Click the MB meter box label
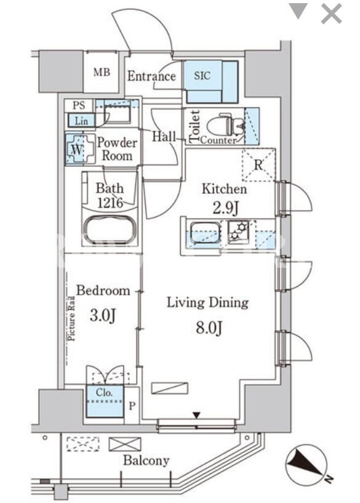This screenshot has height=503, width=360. point(102,72)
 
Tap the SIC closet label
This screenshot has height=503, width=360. point(202,76)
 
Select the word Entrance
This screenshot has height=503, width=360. point(151,76)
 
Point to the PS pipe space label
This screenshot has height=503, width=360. point(79,105)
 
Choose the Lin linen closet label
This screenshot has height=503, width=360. point(81,121)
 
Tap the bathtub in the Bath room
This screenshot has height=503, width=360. point(109,230)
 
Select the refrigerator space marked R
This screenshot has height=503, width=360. point(258,165)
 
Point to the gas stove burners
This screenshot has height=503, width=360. point(239,230)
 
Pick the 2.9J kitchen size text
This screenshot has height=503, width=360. point(226,208)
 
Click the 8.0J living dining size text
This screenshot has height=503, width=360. point(209,328)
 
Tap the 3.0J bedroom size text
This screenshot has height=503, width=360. point(103,315)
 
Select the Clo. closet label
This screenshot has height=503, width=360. point(104,393)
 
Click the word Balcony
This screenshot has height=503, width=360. point(146,461)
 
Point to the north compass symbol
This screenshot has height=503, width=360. point(307,464)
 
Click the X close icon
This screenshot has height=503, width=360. point(331,14)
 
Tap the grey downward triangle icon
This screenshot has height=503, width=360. point(298,10)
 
